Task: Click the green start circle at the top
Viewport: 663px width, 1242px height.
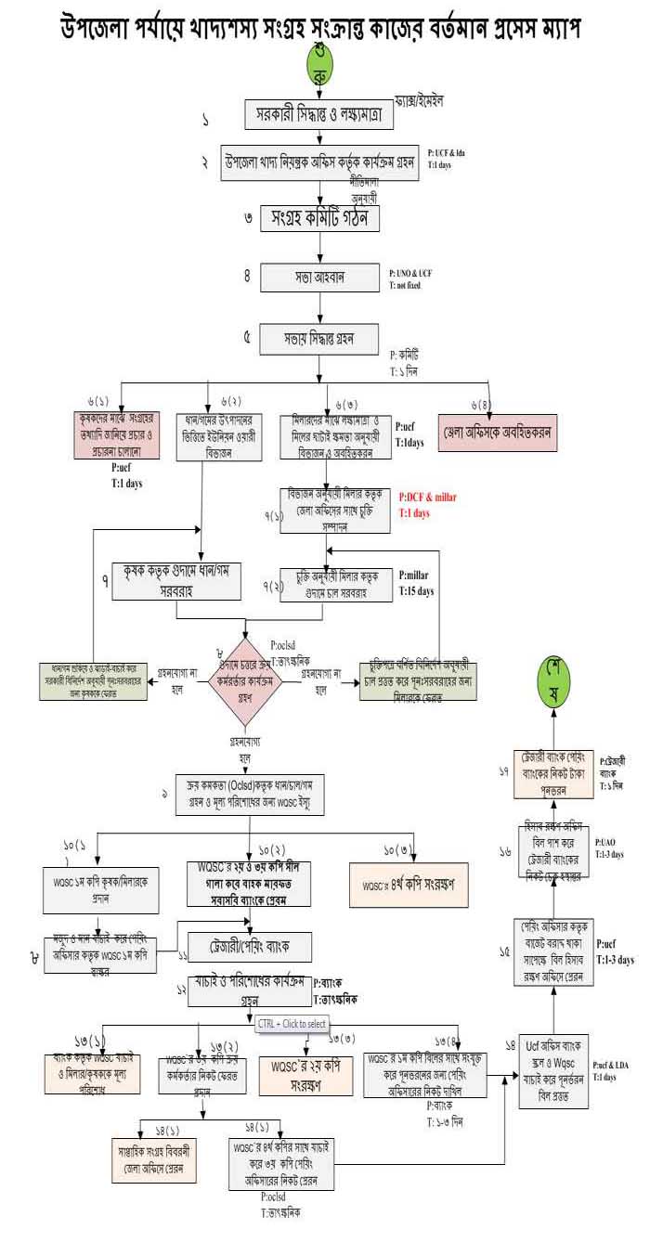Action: [321, 64]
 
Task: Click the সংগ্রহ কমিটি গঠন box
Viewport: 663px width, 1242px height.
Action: [320, 220]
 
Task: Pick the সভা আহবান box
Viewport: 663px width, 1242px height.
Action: [320, 278]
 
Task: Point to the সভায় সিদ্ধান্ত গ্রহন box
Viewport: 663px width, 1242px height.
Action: [320, 337]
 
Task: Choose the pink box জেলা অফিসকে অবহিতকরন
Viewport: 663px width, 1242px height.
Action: [498, 432]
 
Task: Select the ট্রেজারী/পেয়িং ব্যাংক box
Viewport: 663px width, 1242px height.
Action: [250, 945]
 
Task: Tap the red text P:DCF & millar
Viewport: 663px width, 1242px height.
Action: [427, 498]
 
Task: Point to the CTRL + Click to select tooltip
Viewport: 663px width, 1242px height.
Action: [292, 1023]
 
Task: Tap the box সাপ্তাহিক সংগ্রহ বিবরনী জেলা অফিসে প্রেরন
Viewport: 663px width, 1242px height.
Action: [154, 1159]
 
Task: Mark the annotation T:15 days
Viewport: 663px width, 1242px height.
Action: [416, 590]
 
